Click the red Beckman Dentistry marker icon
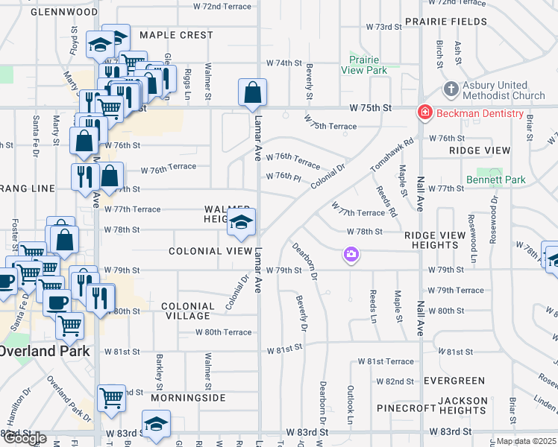point(424,112)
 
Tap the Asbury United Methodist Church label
point(504,90)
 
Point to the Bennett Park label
point(496,180)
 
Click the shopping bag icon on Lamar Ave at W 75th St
point(253,93)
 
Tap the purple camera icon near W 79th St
point(351,256)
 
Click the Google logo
point(25,439)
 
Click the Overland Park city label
point(45,351)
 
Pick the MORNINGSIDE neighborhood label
point(188,398)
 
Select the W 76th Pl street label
point(283,176)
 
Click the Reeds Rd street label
point(386,201)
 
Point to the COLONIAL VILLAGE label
point(188,311)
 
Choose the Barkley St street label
point(160,370)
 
